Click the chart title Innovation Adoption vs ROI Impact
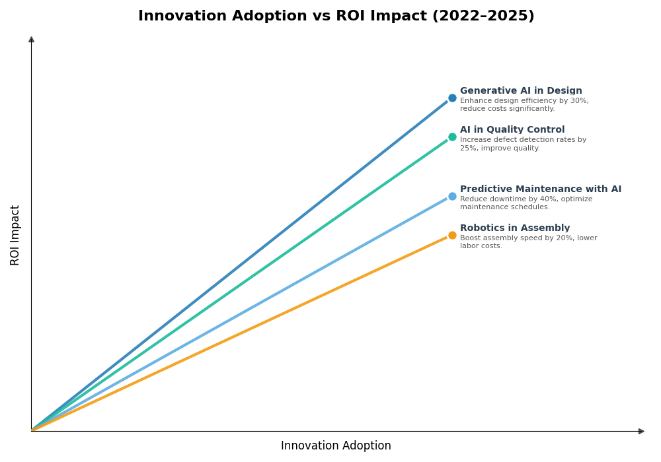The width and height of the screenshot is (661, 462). [x=336, y=16]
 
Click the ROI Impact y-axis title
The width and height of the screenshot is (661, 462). [x=15, y=235]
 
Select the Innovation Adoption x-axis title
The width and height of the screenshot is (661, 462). [x=336, y=446]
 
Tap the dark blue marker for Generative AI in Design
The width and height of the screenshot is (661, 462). [x=452, y=98]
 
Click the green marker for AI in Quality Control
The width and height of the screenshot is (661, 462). [x=452, y=137]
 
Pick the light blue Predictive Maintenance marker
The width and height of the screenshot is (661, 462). [x=452, y=197]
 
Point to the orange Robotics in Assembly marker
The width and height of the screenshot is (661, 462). [x=452, y=236]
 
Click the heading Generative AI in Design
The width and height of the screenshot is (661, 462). [x=521, y=91]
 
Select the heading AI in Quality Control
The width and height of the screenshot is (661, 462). [x=512, y=130]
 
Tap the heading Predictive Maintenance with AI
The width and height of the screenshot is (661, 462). [x=541, y=189]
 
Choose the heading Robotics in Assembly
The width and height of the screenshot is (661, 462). [x=515, y=228]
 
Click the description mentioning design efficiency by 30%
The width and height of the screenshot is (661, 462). [x=524, y=105]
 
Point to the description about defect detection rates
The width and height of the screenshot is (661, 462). [x=523, y=144]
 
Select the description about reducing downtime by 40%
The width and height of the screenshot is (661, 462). [x=526, y=203]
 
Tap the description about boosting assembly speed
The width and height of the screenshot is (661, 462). [x=528, y=242]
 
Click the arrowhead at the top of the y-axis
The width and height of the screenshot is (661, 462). [x=31, y=40]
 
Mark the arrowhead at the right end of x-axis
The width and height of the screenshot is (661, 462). [x=641, y=431]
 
